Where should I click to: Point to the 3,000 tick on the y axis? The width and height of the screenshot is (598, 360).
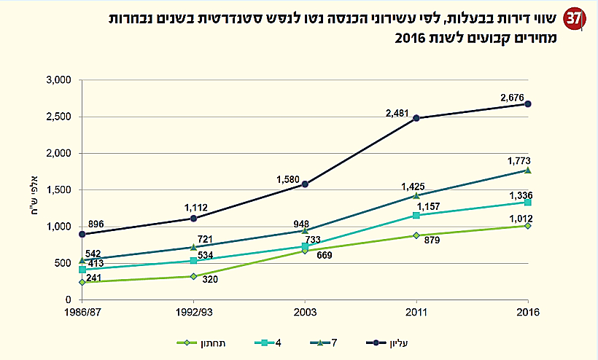[58, 79]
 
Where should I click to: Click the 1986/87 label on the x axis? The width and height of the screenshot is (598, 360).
[82, 314]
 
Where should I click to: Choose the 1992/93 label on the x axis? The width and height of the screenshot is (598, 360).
[193, 314]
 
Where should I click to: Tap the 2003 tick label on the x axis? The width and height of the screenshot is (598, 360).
[305, 314]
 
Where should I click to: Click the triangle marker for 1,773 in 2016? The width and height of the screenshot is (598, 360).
[528, 171]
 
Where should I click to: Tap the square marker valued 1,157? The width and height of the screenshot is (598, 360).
[416, 216]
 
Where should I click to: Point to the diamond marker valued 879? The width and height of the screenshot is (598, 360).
[416, 235]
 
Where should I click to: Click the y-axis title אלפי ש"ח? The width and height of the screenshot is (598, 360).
[29, 189]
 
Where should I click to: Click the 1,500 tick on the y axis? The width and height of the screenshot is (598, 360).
[58, 189]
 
